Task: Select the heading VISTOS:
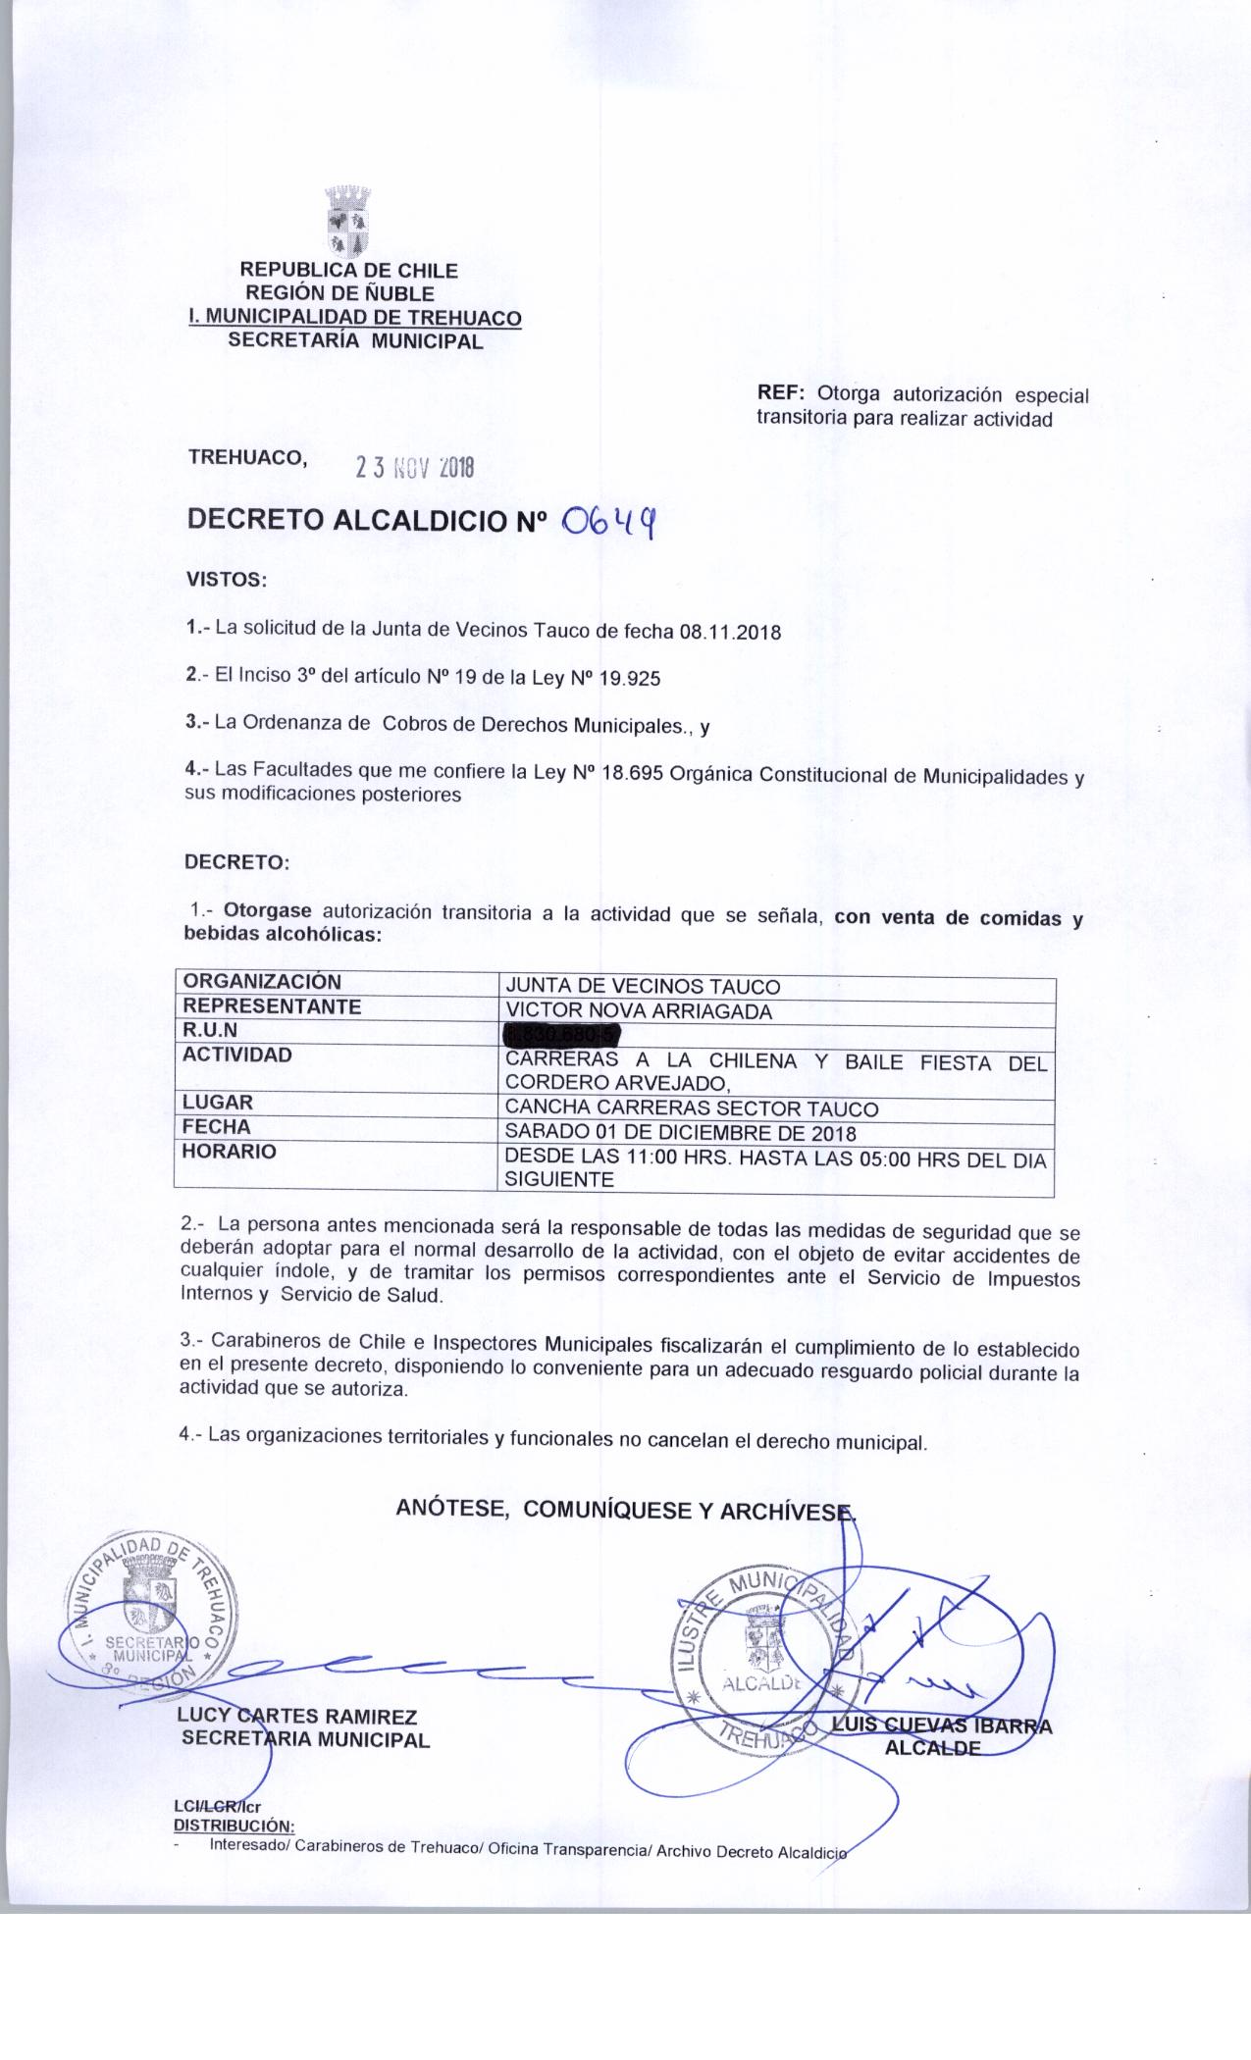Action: click(x=227, y=580)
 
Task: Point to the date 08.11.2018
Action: click(x=729, y=632)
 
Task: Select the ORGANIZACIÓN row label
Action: click(x=263, y=982)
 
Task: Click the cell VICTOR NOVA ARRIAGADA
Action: click(x=638, y=1011)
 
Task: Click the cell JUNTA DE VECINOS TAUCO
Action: click(x=642, y=987)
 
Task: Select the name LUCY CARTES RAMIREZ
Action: click(x=297, y=1717)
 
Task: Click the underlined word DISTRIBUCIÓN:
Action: click(x=234, y=1826)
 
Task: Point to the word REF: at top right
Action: click(x=781, y=394)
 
